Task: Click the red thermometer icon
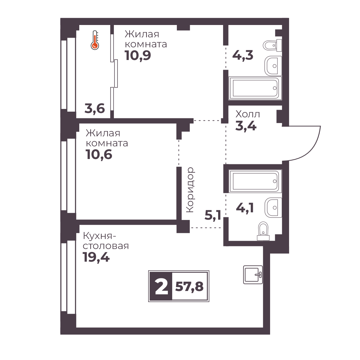pyautogui.click(x=95, y=40)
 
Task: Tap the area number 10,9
pyautogui.click(x=138, y=55)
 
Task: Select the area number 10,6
pyautogui.click(x=99, y=154)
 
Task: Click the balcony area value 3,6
pyautogui.click(x=95, y=108)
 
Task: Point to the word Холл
pyautogui.click(x=248, y=114)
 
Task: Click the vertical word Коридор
pyautogui.click(x=190, y=190)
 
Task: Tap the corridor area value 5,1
pyautogui.click(x=213, y=215)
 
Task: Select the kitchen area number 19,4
pyautogui.click(x=96, y=257)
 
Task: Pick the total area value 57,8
pyautogui.click(x=189, y=287)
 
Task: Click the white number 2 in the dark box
pyautogui.click(x=162, y=286)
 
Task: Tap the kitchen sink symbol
pyautogui.click(x=253, y=275)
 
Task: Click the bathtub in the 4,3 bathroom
pyautogui.click(x=255, y=88)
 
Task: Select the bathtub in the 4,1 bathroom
pyautogui.click(x=255, y=181)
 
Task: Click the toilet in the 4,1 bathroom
pyautogui.click(x=263, y=231)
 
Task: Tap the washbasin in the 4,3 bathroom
pyautogui.click(x=273, y=66)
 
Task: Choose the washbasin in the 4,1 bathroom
pyautogui.click(x=273, y=207)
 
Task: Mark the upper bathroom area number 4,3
pyautogui.click(x=243, y=55)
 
